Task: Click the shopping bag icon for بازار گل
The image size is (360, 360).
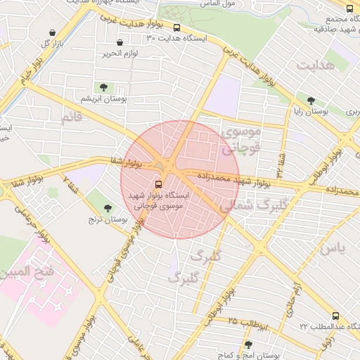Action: (53, 32)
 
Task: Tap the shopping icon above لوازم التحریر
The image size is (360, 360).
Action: (120, 43)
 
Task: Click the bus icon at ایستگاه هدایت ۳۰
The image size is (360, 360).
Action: (176, 28)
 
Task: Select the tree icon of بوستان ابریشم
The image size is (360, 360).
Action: (104, 87)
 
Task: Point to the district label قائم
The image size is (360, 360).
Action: (72, 118)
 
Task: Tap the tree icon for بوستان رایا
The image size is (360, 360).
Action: (310, 101)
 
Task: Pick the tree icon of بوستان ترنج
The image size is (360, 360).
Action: (108, 208)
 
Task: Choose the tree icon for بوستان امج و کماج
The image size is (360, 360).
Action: (247, 345)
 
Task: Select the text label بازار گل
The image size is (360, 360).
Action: (34, 44)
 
